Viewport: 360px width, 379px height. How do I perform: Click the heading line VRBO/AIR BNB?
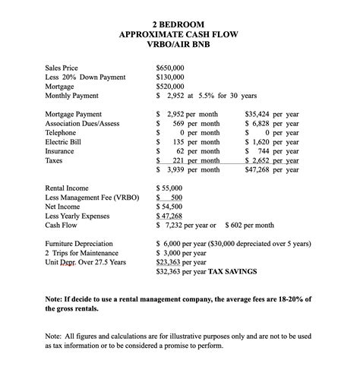pos(180,46)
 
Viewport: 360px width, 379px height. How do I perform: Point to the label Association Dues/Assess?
pos(83,122)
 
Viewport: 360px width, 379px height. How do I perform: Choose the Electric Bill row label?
pos(65,141)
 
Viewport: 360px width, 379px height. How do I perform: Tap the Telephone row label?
pos(62,132)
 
